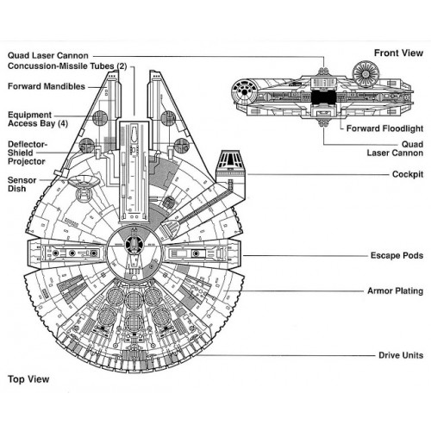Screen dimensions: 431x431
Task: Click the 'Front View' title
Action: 398,53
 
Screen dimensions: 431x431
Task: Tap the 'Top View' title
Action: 28,379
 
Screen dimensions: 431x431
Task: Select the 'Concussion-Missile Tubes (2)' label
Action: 67,66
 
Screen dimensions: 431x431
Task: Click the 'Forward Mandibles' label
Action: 47,86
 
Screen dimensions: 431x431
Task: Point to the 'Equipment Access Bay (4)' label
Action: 38,119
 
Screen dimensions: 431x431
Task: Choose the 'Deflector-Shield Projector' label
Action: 28,153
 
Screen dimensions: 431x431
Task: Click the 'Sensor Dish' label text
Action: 22,184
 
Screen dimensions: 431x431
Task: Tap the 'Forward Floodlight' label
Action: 384,128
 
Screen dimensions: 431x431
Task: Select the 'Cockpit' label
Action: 408,174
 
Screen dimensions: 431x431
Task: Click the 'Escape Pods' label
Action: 397,255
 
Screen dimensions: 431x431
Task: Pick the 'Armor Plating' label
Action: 396,291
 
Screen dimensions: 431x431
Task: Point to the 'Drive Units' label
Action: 401,355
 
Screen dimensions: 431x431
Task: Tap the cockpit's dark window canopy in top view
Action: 230,159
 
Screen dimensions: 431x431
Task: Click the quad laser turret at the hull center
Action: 134,244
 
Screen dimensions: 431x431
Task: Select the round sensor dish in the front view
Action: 366,73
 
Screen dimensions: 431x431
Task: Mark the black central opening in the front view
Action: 323,97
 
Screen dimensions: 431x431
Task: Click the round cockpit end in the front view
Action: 244,91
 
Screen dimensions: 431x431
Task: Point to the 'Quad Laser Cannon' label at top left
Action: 48,55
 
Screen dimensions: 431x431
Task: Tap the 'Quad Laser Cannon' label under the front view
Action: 395,148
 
